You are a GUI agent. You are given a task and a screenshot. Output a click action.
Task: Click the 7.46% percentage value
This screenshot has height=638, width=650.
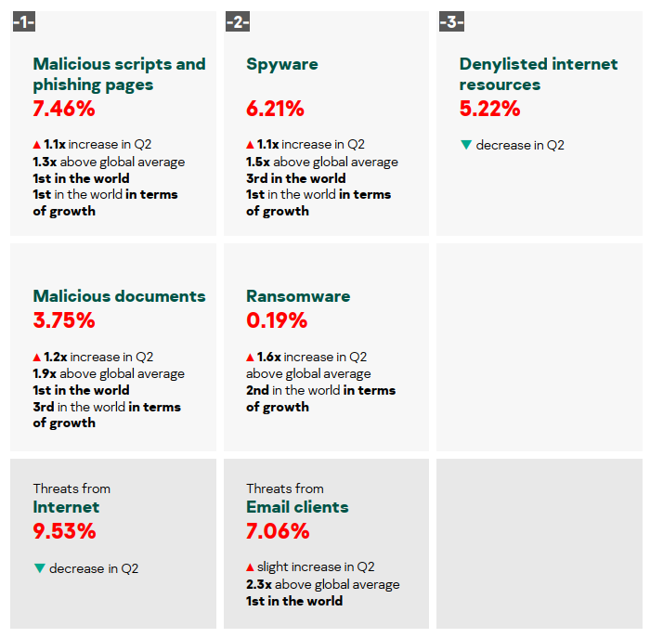coord(64,109)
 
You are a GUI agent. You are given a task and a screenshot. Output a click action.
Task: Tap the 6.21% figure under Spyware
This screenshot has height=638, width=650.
coord(275,109)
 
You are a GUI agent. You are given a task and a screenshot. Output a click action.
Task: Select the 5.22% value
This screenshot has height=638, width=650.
coord(489,109)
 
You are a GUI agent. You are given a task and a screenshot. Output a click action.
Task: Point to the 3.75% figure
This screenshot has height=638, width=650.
coord(64,321)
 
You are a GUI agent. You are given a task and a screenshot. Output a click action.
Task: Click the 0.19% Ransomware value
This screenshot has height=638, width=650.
coord(276,321)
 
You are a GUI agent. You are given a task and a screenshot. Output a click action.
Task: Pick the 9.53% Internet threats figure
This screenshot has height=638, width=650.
coord(64,532)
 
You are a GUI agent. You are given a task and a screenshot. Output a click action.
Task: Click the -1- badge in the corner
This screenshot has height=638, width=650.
coord(24,21)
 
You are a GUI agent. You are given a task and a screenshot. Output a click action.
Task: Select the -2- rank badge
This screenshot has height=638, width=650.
coord(238,21)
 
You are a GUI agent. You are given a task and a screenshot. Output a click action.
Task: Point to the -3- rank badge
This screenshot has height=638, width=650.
coord(451,21)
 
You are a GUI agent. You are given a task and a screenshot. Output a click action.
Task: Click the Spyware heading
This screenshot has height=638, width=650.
coord(282,64)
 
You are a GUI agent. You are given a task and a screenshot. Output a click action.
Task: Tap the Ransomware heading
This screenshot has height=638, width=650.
coord(298,296)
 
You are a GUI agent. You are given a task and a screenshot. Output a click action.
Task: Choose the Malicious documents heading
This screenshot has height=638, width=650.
coord(119,296)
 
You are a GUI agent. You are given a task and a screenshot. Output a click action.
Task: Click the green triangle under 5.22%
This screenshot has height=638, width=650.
coord(465,145)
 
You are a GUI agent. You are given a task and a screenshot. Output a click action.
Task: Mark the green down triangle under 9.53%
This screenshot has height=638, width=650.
coord(39,568)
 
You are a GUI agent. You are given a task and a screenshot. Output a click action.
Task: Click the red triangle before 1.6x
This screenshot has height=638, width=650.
coord(250,358)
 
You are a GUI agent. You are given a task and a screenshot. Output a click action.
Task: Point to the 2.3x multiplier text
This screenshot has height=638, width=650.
coord(258,584)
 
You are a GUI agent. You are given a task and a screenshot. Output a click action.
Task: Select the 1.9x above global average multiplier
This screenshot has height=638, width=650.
coord(45,373)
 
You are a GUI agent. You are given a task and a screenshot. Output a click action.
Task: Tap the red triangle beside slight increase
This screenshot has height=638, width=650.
coord(250,567)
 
